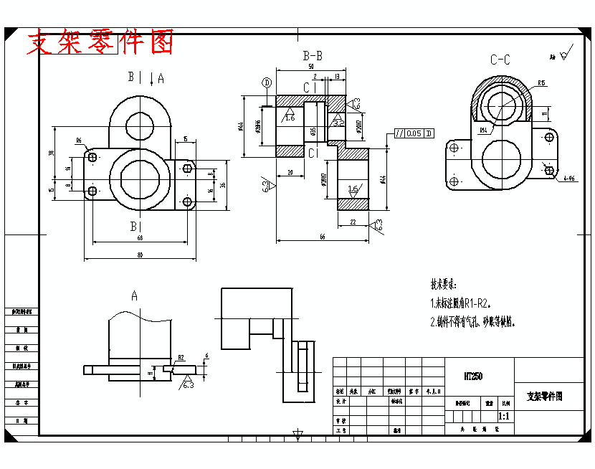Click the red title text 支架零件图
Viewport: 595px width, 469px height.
point(100,43)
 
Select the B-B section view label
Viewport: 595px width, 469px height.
point(312,55)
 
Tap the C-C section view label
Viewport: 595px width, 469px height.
point(500,60)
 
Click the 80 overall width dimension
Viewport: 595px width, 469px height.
point(140,255)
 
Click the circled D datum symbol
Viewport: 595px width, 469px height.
point(267,82)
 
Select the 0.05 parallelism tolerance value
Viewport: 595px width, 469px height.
point(414,133)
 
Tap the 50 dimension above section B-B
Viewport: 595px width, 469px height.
point(311,67)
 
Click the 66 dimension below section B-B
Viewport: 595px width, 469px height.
point(322,237)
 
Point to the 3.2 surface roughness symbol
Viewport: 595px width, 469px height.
point(338,122)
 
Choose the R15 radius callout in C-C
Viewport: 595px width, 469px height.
point(541,83)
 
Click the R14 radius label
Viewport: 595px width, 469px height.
point(484,131)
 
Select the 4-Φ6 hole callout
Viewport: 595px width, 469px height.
point(569,178)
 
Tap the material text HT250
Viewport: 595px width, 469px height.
point(472,376)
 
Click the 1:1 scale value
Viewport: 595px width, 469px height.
point(503,416)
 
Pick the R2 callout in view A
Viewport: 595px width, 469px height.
point(181,357)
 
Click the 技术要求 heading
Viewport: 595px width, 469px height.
point(443,284)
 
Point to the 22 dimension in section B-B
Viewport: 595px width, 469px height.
point(353,222)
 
